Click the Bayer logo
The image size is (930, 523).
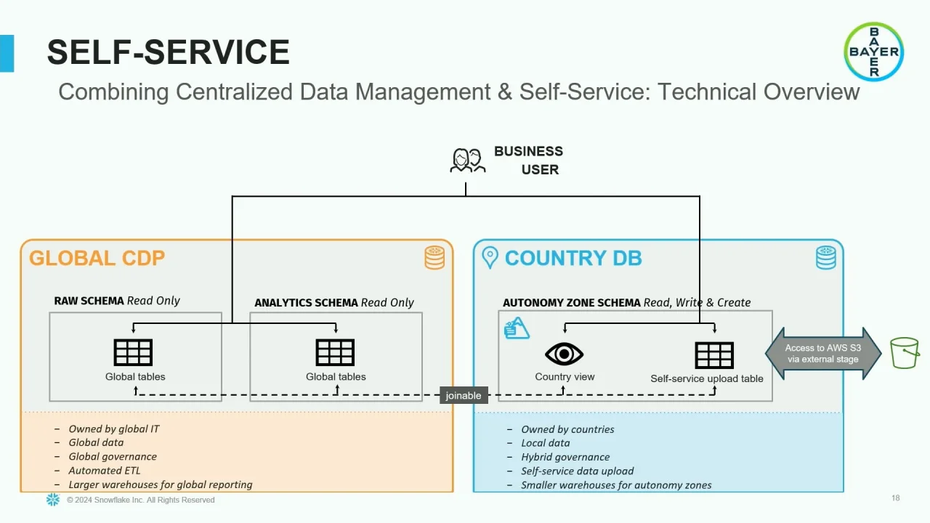[x=873, y=52]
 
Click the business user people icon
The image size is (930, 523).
[x=467, y=161]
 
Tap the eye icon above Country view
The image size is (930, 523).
[x=565, y=354]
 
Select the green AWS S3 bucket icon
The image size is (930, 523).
[x=905, y=353]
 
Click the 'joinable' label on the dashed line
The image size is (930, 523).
[x=464, y=396]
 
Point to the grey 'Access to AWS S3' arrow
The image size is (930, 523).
[x=822, y=354]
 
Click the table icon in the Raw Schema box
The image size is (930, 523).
[x=134, y=352]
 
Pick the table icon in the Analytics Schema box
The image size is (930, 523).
[x=335, y=352]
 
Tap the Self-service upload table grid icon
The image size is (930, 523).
[x=714, y=355]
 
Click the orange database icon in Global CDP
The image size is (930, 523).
[x=434, y=258]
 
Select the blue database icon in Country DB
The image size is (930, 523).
[x=825, y=258]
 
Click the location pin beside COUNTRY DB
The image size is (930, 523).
[x=490, y=258]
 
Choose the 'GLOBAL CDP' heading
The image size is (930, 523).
[x=97, y=259]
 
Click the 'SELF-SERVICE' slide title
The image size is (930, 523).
[x=168, y=52]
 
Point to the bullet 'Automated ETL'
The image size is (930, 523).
[x=105, y=471]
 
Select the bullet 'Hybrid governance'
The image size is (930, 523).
[x=565, y=457]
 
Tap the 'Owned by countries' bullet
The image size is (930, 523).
[x=567, y=429]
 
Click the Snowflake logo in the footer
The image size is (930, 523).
[x=53, y=500]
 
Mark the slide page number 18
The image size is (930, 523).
[x=895, y=498]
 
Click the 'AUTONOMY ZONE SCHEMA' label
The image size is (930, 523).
[x=572, y=302]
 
